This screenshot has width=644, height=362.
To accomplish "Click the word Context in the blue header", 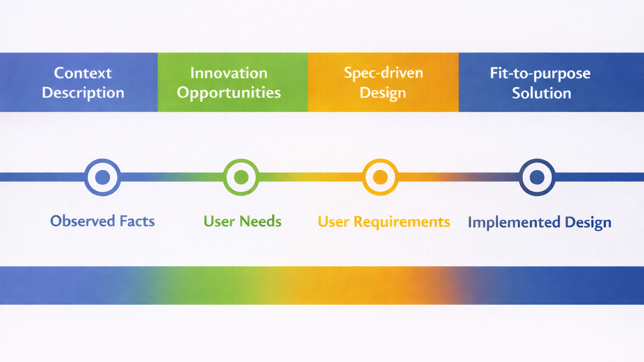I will [x=83, y=73].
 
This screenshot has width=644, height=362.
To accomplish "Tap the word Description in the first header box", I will [x=83, y=93].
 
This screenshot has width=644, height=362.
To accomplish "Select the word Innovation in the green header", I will [x=229, y=73].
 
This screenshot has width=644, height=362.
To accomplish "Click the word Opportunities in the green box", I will [x=229, y=93].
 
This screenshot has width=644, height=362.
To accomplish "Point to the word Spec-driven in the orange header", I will [x=383, y=73].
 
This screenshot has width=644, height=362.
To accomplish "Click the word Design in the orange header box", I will [x=382, y=93].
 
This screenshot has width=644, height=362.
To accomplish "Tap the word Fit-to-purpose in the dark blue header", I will [x=540, y=73].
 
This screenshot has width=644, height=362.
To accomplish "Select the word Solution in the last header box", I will [x=541, y=93].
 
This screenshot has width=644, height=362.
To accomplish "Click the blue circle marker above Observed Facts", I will [x=103, y=177].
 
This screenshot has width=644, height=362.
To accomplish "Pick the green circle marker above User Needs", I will [x=241, y=177].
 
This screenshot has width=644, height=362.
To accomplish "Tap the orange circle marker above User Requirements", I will [x=380, y=177].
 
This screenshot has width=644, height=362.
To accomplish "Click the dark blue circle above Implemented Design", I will [x=537, y=177].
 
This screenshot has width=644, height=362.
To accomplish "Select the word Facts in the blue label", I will [x=137, y=221].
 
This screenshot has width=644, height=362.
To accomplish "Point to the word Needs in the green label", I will [x=260, y=221].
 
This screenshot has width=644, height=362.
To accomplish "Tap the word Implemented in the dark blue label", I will [x=514, y=222].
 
